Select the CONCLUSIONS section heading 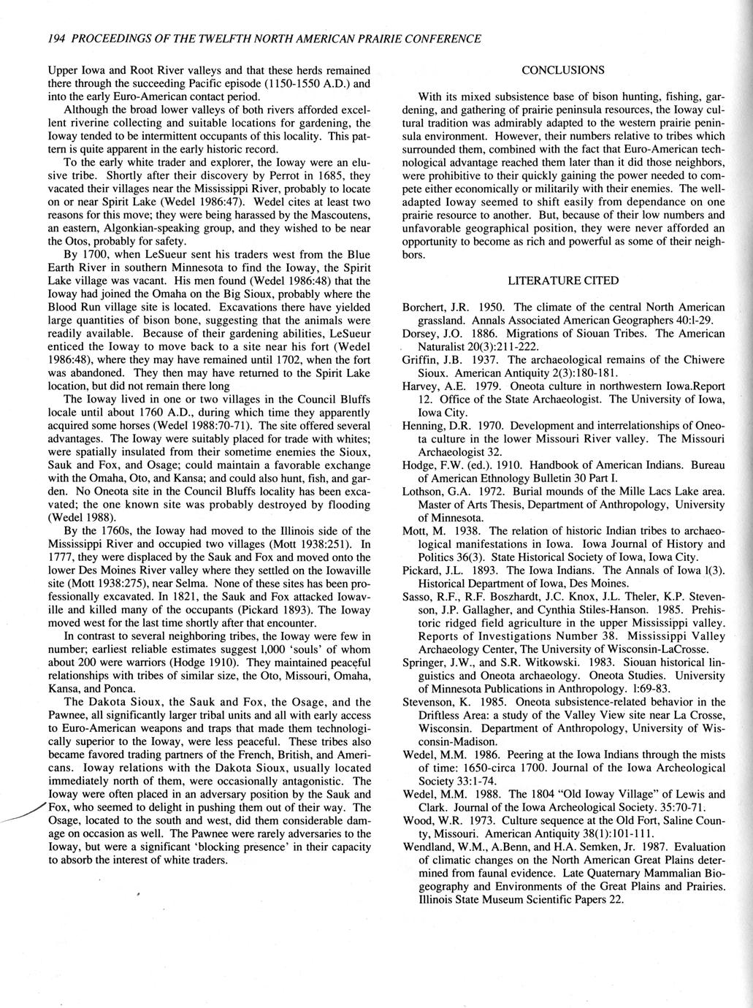[x=562, y=70]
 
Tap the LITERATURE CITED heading [x=563, y=280]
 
